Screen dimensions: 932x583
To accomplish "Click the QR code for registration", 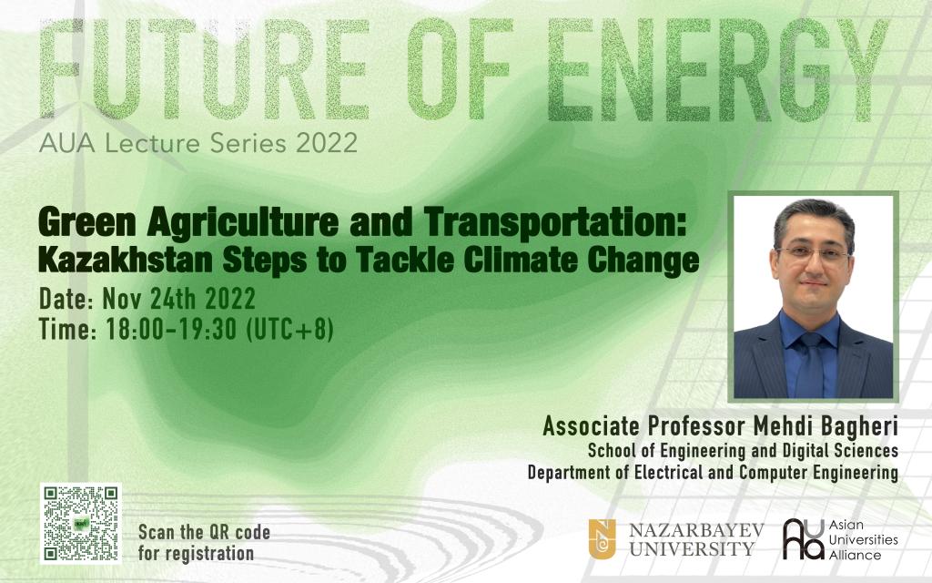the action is (x=81, y=524).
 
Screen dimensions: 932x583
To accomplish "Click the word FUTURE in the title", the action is (x=205, y=69).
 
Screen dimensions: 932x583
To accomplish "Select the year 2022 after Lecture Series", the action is (x=327, y=143).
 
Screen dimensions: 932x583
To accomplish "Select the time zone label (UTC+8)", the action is (x=289, y=329).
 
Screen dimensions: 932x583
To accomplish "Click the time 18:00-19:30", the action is (x=171, y=329).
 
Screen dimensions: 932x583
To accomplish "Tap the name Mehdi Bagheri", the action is (x=826, y=426).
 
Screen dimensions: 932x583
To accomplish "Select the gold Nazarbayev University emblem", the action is (x=603, y=539).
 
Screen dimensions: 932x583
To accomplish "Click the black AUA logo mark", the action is (x=803, y=539).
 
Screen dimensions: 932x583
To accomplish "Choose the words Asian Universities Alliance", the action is (x=863, y=540).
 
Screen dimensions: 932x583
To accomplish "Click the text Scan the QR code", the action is (x=204, y=532).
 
